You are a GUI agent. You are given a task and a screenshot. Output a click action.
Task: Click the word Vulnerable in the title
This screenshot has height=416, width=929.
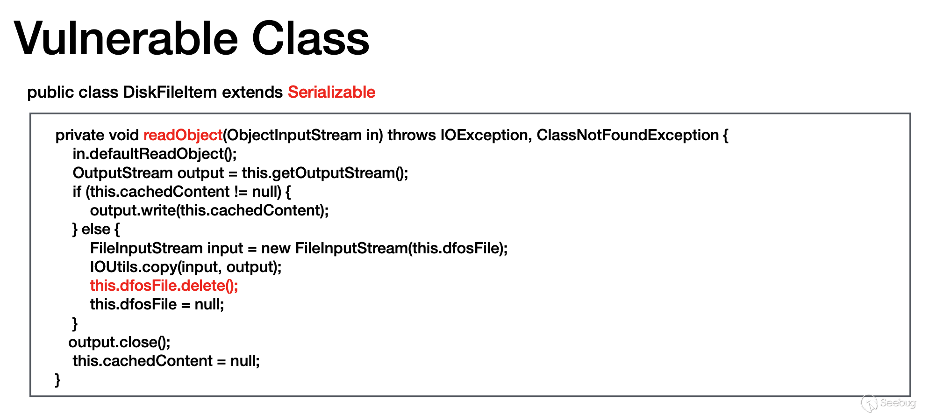tap(126, 38)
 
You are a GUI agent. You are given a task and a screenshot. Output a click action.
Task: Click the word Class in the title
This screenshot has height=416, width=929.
tap(311, 38)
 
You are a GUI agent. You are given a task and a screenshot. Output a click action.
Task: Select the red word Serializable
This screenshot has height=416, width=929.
tap(331, 92)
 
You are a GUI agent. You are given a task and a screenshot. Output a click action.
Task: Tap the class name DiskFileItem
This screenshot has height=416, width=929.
tap(170, 92)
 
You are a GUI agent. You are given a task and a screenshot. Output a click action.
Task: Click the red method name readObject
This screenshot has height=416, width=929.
tap(183, 135)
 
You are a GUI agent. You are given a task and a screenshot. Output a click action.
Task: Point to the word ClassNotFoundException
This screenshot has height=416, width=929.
tap(628, 135)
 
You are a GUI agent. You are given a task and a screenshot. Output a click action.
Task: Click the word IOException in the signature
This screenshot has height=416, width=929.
tap(486, 135)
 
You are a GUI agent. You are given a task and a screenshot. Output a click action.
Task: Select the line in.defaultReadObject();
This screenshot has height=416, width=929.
tap(155, 154)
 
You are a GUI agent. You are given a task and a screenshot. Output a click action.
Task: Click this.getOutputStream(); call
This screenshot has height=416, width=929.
tap(325, 173)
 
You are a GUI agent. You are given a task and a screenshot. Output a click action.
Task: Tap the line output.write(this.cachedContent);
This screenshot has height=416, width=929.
tap(209, 210)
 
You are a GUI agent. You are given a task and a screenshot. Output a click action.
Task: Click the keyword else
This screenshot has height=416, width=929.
tap(96, 229)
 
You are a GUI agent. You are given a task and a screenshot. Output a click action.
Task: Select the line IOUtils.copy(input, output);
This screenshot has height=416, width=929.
tap(186, 267)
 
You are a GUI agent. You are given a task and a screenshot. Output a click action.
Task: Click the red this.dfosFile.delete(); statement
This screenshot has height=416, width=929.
tap(164, 286)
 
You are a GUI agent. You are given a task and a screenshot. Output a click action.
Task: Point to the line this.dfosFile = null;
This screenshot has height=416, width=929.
tap(157, 304)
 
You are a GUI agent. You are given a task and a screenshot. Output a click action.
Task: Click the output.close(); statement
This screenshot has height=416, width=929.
tap(119, 342)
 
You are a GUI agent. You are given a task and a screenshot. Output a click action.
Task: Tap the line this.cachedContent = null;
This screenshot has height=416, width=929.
tap(166, 361)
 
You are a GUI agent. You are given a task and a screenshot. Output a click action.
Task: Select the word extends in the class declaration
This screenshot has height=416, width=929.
tap(252, 92)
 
